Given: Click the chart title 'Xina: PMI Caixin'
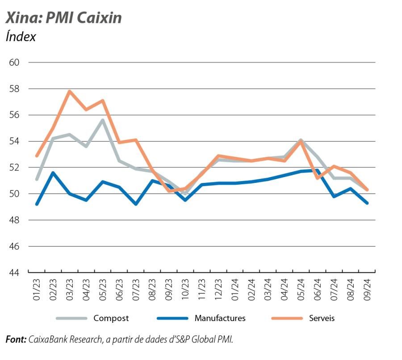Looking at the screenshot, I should [x=63, y=18].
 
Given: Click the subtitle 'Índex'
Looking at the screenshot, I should [x=21, y=37].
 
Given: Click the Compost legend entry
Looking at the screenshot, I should [x=111, y=318].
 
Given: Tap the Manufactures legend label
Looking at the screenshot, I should [x=220, y=318].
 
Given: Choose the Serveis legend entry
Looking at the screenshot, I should [x=322, y=318].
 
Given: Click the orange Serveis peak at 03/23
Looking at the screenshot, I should [x=70, y=91].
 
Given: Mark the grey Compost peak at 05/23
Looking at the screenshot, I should [x=103, y=120].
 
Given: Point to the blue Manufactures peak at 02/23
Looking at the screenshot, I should [x=53, y=173].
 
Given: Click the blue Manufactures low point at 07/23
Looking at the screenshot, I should [x=136, y=204].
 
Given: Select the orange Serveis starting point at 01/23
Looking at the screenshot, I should [x=37, y=156].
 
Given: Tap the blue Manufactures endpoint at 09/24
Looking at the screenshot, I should [x=367, y=203].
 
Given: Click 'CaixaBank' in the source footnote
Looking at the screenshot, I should [x=47, y=339].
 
